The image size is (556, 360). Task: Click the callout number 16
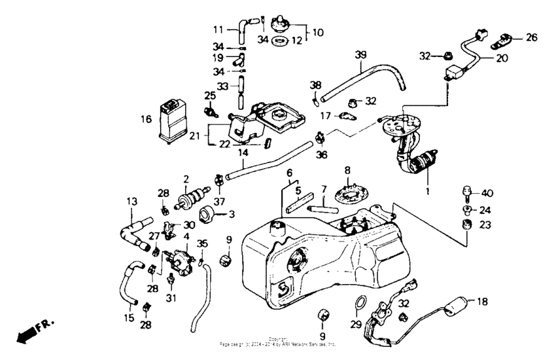point(146,119)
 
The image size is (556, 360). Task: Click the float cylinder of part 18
point(457,304)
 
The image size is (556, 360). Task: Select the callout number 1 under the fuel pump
point(428,192)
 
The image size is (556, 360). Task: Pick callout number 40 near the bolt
point(487,193)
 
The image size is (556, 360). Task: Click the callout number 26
point(531,37)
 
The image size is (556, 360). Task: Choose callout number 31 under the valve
point(171,298)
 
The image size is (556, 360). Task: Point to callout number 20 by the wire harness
point(502,58)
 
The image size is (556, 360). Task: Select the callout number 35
point(203,243)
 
